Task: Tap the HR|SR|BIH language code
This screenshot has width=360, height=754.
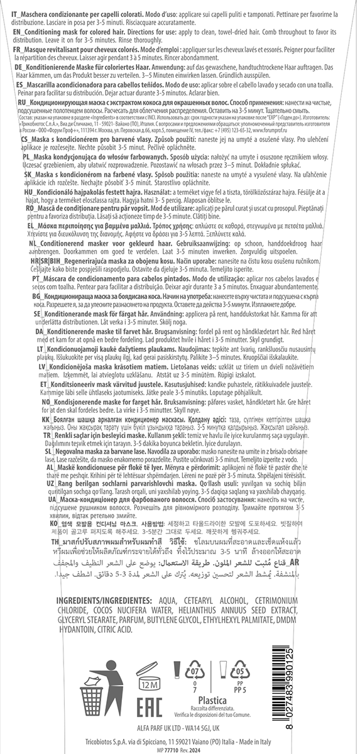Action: [46, 324]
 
